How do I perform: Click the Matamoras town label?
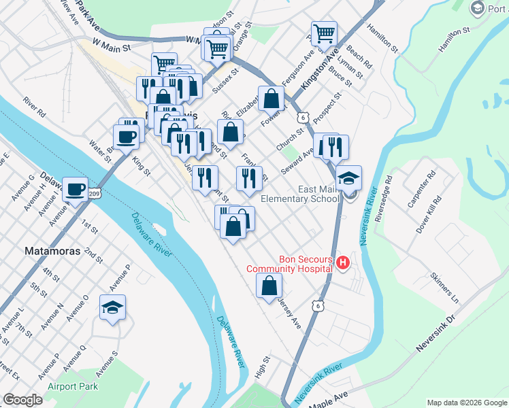[52, 250]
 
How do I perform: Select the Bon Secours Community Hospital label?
[289, 264]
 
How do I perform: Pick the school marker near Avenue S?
[113, 308]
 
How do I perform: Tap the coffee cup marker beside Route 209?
[75, 189]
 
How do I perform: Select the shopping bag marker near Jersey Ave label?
[269, 286]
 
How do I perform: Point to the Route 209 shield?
[95, 194]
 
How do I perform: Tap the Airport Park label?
[72, 387]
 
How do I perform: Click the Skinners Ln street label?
[445, 288]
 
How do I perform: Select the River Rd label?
[33, 104]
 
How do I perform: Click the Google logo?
[22, 400]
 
